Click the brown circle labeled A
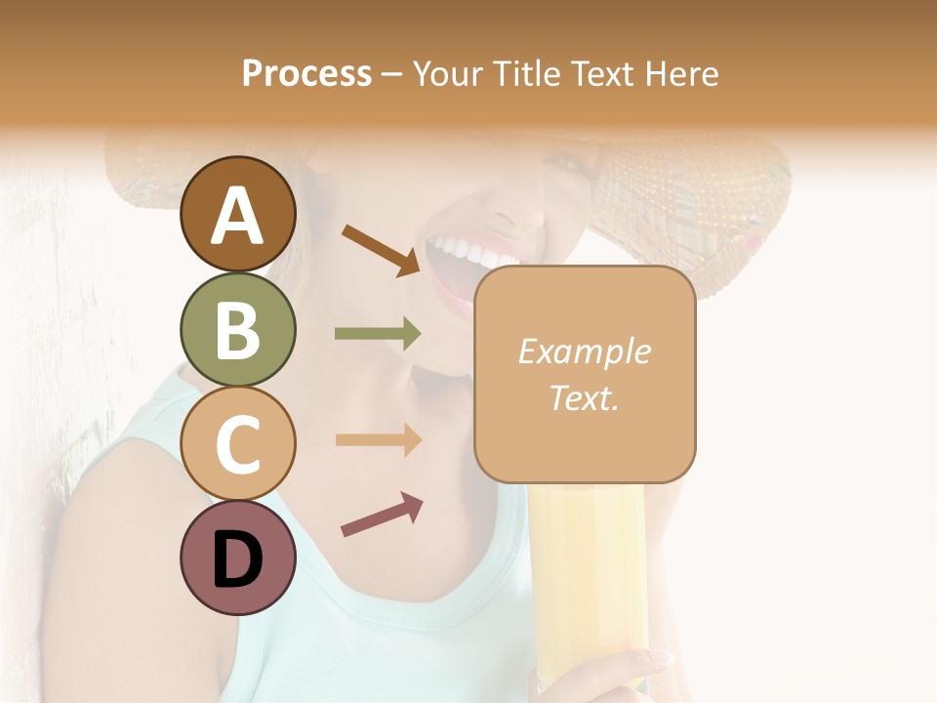tap(237, 214)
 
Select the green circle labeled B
tap(237, 329)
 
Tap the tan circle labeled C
tap(237, 444)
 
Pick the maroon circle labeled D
tap(237, 558)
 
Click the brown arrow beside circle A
tap(382, 250)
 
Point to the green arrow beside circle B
tap(378, 334)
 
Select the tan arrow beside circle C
tap(378, 439)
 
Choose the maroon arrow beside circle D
tap(382, 515)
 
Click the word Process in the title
tap(306, 74)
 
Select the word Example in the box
tap(584, 351)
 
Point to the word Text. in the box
tap(584, 397)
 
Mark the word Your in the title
tap(449, 74)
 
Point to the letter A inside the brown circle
tap(237, 216)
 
